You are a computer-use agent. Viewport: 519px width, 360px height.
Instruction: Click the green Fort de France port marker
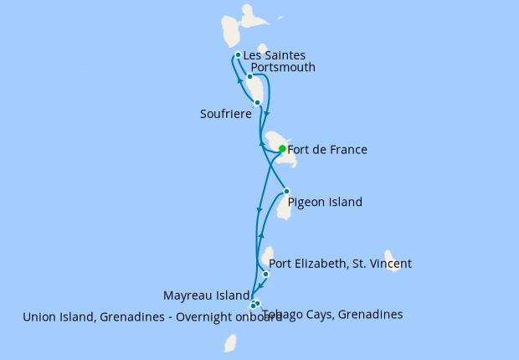tap(282, 149)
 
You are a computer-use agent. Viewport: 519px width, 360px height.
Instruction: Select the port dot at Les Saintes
tap(239, 55)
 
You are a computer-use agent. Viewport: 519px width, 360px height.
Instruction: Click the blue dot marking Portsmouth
tap(249, 76)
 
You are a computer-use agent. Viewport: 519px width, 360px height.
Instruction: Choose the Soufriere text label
tap(226, 114)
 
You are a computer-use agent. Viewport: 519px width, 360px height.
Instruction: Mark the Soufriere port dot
tap(257, 102)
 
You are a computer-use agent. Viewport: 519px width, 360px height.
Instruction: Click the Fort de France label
tap(327, 150)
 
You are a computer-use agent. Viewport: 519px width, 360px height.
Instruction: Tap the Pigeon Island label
tap(325, 202)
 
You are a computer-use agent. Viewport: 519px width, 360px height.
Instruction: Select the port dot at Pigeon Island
tap(286, 191)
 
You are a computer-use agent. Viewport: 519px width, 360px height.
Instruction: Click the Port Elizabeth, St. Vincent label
tap(341, 264)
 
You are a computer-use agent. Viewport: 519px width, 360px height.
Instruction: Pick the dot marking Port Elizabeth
tap(266, 274)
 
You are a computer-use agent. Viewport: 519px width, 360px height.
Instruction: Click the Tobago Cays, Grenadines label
tap(332, 315)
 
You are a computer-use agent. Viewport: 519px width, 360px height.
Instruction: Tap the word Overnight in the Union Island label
tap(193, 317)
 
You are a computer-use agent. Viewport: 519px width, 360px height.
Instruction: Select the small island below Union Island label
tap(230, 342)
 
